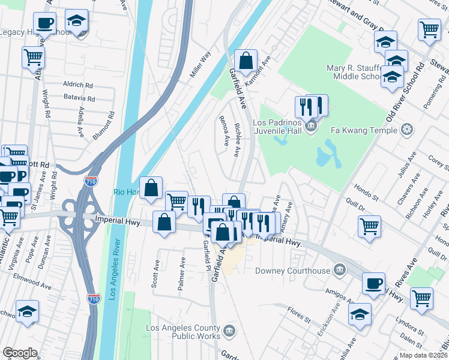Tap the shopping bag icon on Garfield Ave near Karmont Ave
[246, 60]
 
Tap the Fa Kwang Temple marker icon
[407, 130]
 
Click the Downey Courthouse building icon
[340, 270]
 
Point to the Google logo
[20, 353]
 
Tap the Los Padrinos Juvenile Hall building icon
[311, 125]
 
